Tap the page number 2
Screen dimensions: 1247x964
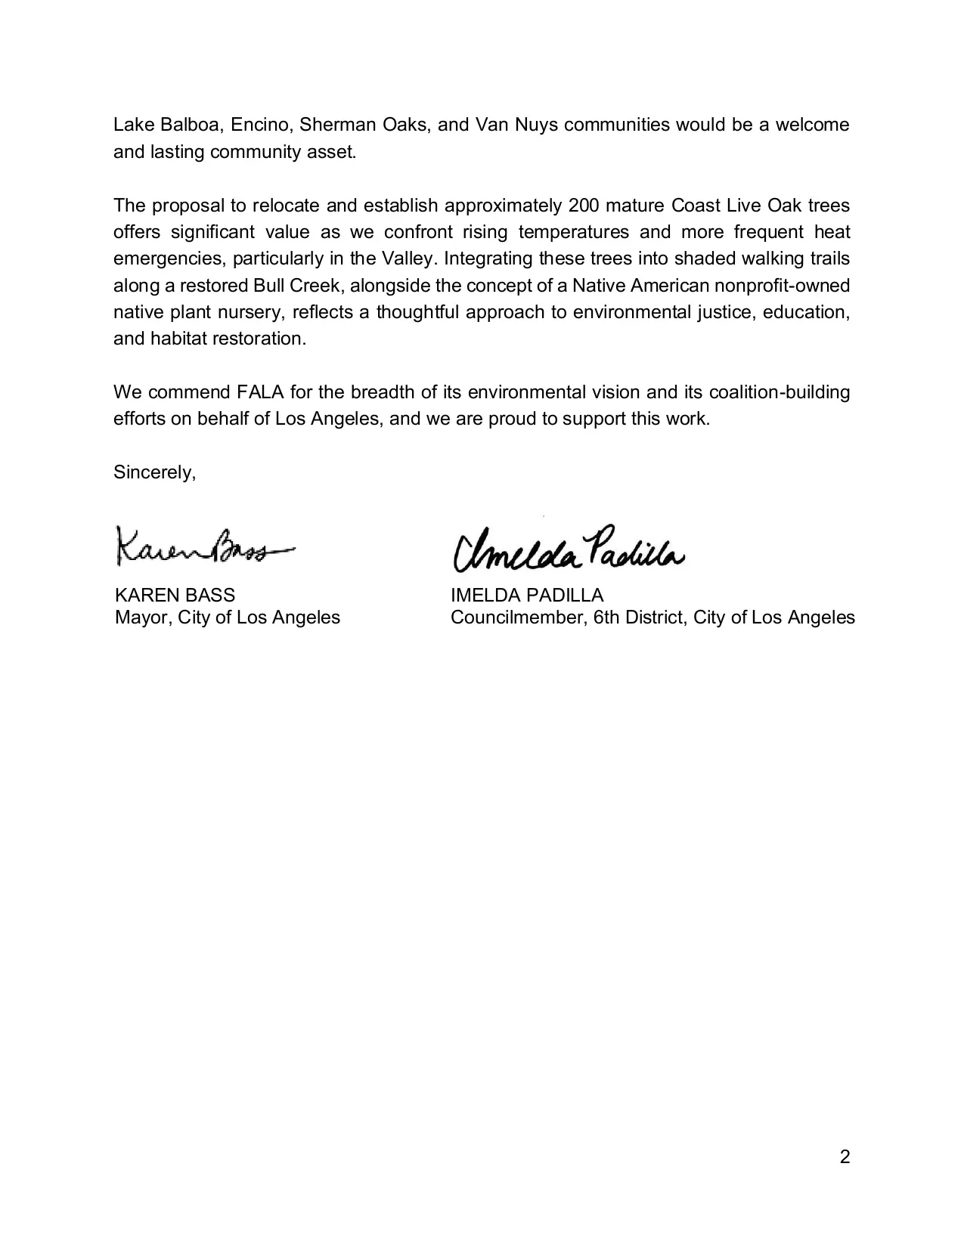(845, 1157)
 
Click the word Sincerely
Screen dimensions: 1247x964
(154, 472)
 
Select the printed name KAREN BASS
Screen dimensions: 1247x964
(175, 595)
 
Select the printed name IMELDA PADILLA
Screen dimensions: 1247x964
(527, 595)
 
